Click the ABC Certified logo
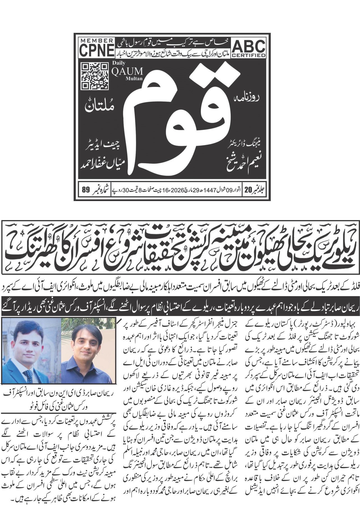[249, 47]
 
